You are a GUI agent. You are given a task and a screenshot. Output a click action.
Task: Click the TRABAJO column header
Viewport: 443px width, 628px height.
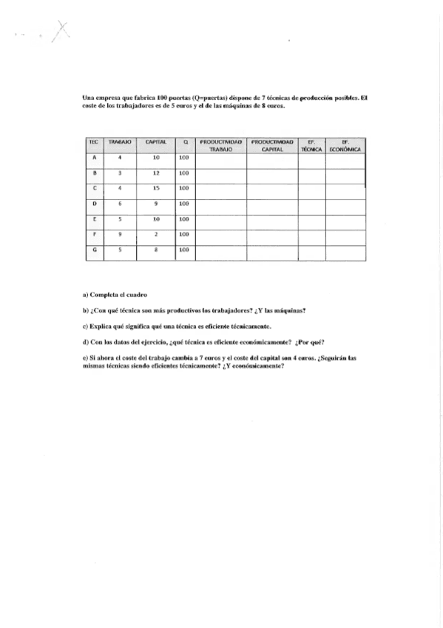click(x=120, y=141)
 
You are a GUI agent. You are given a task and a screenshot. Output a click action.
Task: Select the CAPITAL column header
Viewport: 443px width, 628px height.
click(x=155, y=141)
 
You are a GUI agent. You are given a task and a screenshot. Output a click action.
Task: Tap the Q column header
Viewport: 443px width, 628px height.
click(x=185, y=141)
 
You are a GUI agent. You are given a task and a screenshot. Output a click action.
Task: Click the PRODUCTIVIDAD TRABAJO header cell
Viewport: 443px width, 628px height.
click(x=221, y=144)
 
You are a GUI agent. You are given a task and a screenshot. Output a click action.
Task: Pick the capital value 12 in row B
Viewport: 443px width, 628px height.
click(x=155, y=173)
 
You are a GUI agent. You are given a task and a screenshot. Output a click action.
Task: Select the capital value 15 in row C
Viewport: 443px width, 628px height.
click(x=155, y=188)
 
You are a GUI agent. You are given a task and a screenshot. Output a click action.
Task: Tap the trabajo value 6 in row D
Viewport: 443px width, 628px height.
click(x=120, y=204)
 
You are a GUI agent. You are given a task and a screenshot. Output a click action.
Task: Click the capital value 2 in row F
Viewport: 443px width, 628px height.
click(x=155, y=235)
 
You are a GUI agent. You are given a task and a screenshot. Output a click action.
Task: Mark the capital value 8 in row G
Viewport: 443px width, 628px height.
click(x=155, y=250)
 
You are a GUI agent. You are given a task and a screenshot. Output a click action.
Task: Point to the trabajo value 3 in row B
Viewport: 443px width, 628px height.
click(x=120, y=173)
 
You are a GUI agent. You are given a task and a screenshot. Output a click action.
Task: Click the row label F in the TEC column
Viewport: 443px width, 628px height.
click(x=95, y=235)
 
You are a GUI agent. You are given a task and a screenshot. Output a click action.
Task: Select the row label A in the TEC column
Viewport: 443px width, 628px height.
click(x=95, y=157)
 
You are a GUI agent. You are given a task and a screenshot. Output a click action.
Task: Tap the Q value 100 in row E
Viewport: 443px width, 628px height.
click(x=185, y=219)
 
